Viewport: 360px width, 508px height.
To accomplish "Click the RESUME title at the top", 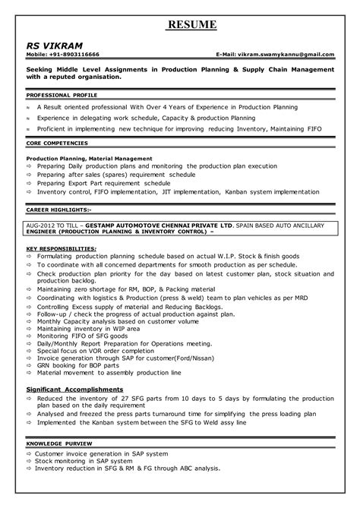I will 192,26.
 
